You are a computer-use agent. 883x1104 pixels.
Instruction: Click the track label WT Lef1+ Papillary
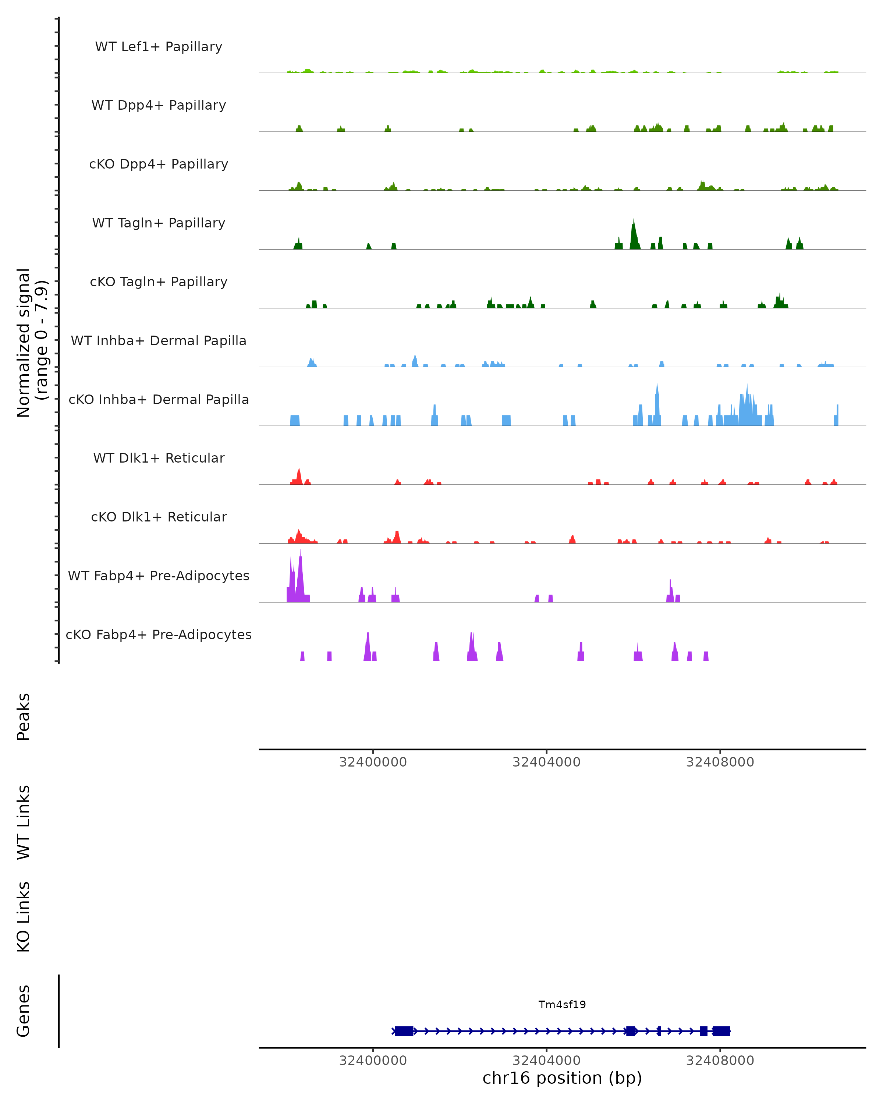tap(159, 47)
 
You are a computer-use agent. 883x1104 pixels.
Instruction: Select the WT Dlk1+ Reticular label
tap(159, 458)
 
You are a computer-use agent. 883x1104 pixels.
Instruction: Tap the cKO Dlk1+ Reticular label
tap(159, 517)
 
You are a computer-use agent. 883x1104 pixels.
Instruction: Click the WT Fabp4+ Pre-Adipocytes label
tap(159, 576)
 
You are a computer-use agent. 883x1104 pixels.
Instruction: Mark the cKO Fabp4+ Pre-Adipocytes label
tap(159, 634)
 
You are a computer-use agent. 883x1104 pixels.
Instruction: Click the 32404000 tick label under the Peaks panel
tap(546, 762)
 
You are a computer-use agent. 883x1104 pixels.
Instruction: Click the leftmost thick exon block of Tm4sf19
tap(404, 1031)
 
